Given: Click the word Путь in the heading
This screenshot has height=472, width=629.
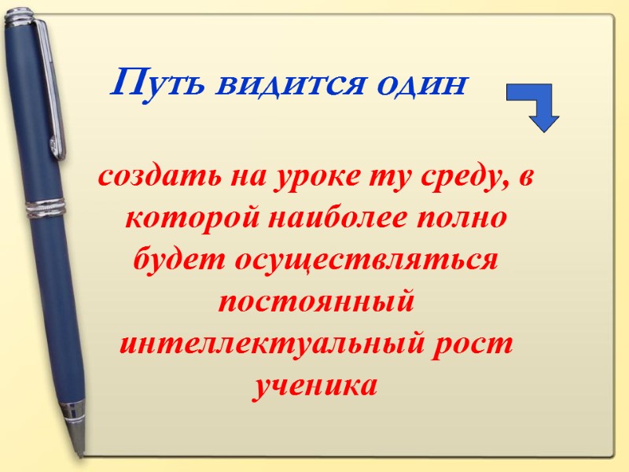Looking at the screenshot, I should [150, 82].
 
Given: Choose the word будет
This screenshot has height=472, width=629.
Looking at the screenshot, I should [179, 260].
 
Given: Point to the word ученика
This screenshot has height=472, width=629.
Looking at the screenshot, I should [315, 387].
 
